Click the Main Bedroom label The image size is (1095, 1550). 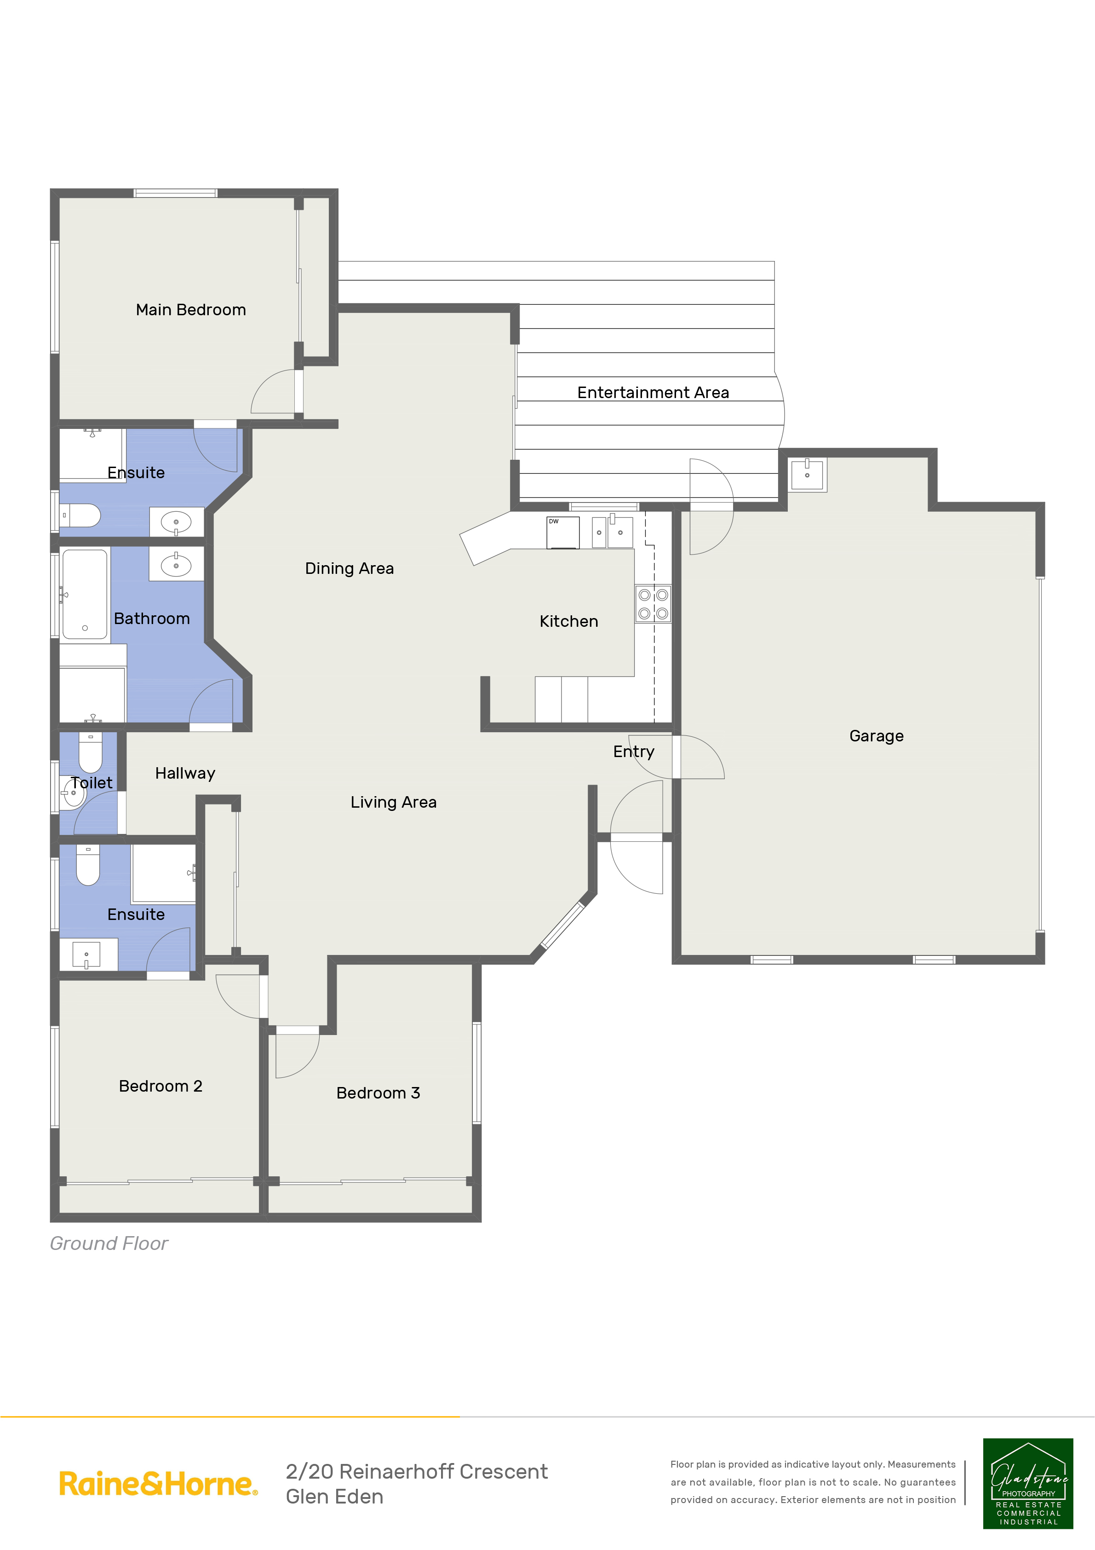[x=191, y=310]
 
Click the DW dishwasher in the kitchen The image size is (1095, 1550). [x=563, y=532]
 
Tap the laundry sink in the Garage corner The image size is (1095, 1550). [x=807, y=474]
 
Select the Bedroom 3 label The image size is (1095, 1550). [x=378, y=1093]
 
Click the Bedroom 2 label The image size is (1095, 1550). [x=161, y=1086]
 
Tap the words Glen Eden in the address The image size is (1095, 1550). [x=335, y=1497]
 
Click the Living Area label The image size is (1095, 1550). [x=393, y=802]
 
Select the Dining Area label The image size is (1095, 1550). [x=350, y=568]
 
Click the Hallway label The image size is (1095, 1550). [x=185, y=773]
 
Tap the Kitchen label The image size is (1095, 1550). [x=569, y=621]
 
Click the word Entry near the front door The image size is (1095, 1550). [x=634, y=752]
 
